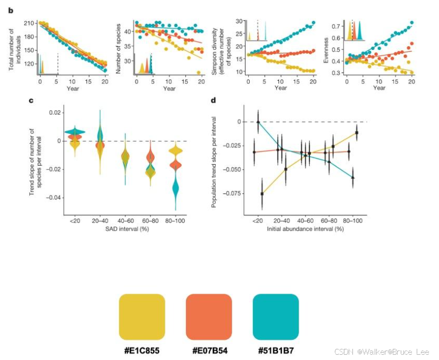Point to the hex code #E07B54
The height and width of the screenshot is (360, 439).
pyautogui.click(x=209, y=350)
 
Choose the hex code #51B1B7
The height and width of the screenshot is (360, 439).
pyautogui.click(x=276, y=350)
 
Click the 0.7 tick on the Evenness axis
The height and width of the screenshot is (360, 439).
pyautogui.click(x=336, y=25)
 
